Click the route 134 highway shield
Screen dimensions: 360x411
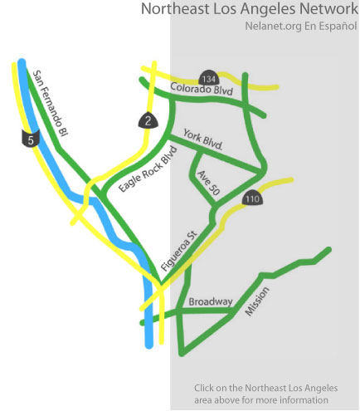pyautogui.click(x=209, y=79)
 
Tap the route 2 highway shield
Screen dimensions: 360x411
pyautogui.click(x=148, y=120)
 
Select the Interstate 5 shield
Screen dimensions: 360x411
pyautogui.click(x=31, y=139)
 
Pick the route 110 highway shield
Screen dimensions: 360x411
pyautogui.click(x=252, y=198)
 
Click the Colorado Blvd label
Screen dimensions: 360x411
pyautogui.click(x=202, y=89)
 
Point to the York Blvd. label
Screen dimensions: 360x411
pyautogui.click(x=203, y=139)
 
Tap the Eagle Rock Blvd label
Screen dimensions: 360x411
pyautogui.click(x=148, y=169)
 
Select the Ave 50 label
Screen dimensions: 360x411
pyautogui.click(x=208, y=183)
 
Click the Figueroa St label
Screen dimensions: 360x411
pyautogui.click(x=179, y=251)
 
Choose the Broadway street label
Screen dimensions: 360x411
pyautogui.click(x=211, y=301)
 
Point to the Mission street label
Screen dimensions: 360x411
pyautogui.click(x=257, y=301)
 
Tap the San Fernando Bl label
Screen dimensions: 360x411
pyautogui.click(x=51, y=103)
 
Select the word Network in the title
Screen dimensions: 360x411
pyautogui.click(x=328, y=8)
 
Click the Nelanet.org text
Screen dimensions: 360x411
pyautogui.click(x=274, y=26)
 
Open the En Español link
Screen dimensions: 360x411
pyautogui.click(x=331, y=26)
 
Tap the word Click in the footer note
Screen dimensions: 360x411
pyautogui.click(x=203, y=388)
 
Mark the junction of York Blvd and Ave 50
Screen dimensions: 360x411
pyautogui.click(x=197, y=150)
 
